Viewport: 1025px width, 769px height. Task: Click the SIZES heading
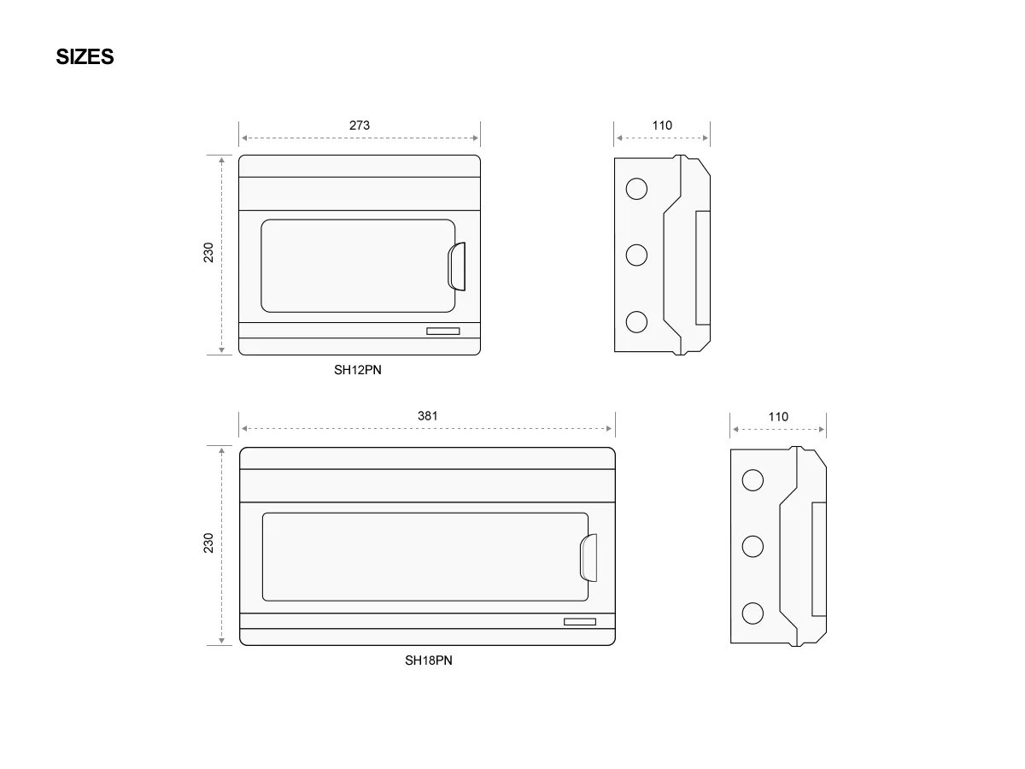pos(85,57)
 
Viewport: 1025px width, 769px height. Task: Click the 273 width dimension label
pos(359,125)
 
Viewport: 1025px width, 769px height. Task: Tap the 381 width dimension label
pos(427,415)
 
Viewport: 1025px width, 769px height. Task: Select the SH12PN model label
pos(358,370)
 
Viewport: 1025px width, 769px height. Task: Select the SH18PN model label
pos(428,660)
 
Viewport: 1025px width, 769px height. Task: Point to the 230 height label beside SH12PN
pos(208,253)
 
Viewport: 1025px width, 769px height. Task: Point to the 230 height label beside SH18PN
pos(208,543)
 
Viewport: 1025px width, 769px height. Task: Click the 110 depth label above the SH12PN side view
pos(662,125)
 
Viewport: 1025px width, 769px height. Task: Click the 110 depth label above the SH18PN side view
pos(778,416)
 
